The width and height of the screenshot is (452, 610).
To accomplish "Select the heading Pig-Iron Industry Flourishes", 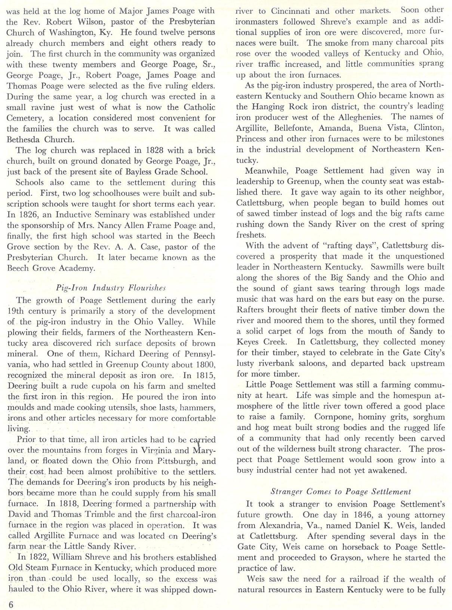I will click(x=111, y=288).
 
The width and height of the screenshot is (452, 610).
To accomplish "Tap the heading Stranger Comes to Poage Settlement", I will click(x=341, y=491).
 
